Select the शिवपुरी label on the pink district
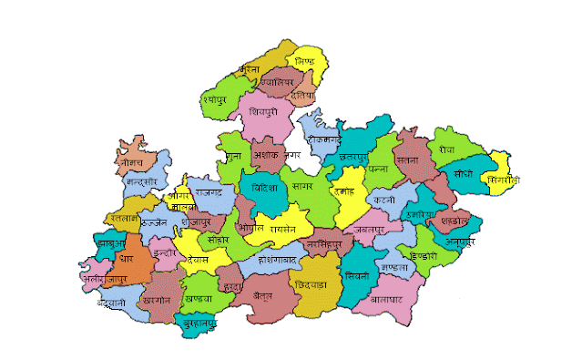[267, 111]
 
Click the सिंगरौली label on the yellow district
[502, 180]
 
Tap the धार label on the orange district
[126, 258]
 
